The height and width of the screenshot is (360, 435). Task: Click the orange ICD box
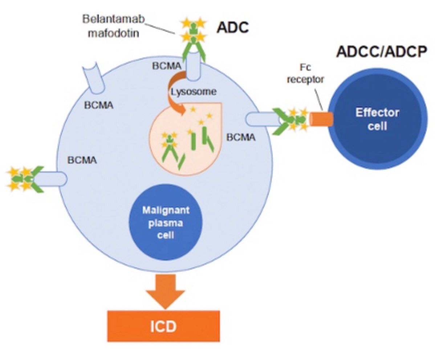pyautogui.click(x=163, y=326)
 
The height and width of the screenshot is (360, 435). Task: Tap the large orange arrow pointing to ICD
pyautogui.click(x=165, y=288)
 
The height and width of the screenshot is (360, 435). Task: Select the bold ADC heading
pyautogui.click(x=232, y=28)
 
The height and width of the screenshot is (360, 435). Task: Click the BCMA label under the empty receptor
pyautogui.click(x=99, y=106)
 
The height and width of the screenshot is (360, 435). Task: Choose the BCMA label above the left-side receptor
pyautogui.click(x=82, y=160)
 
